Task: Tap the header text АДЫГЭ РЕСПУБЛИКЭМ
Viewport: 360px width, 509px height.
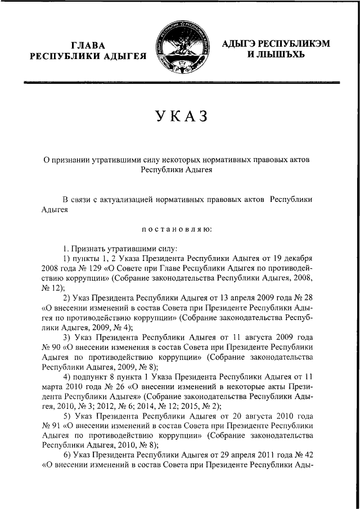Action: click(276, 43)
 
